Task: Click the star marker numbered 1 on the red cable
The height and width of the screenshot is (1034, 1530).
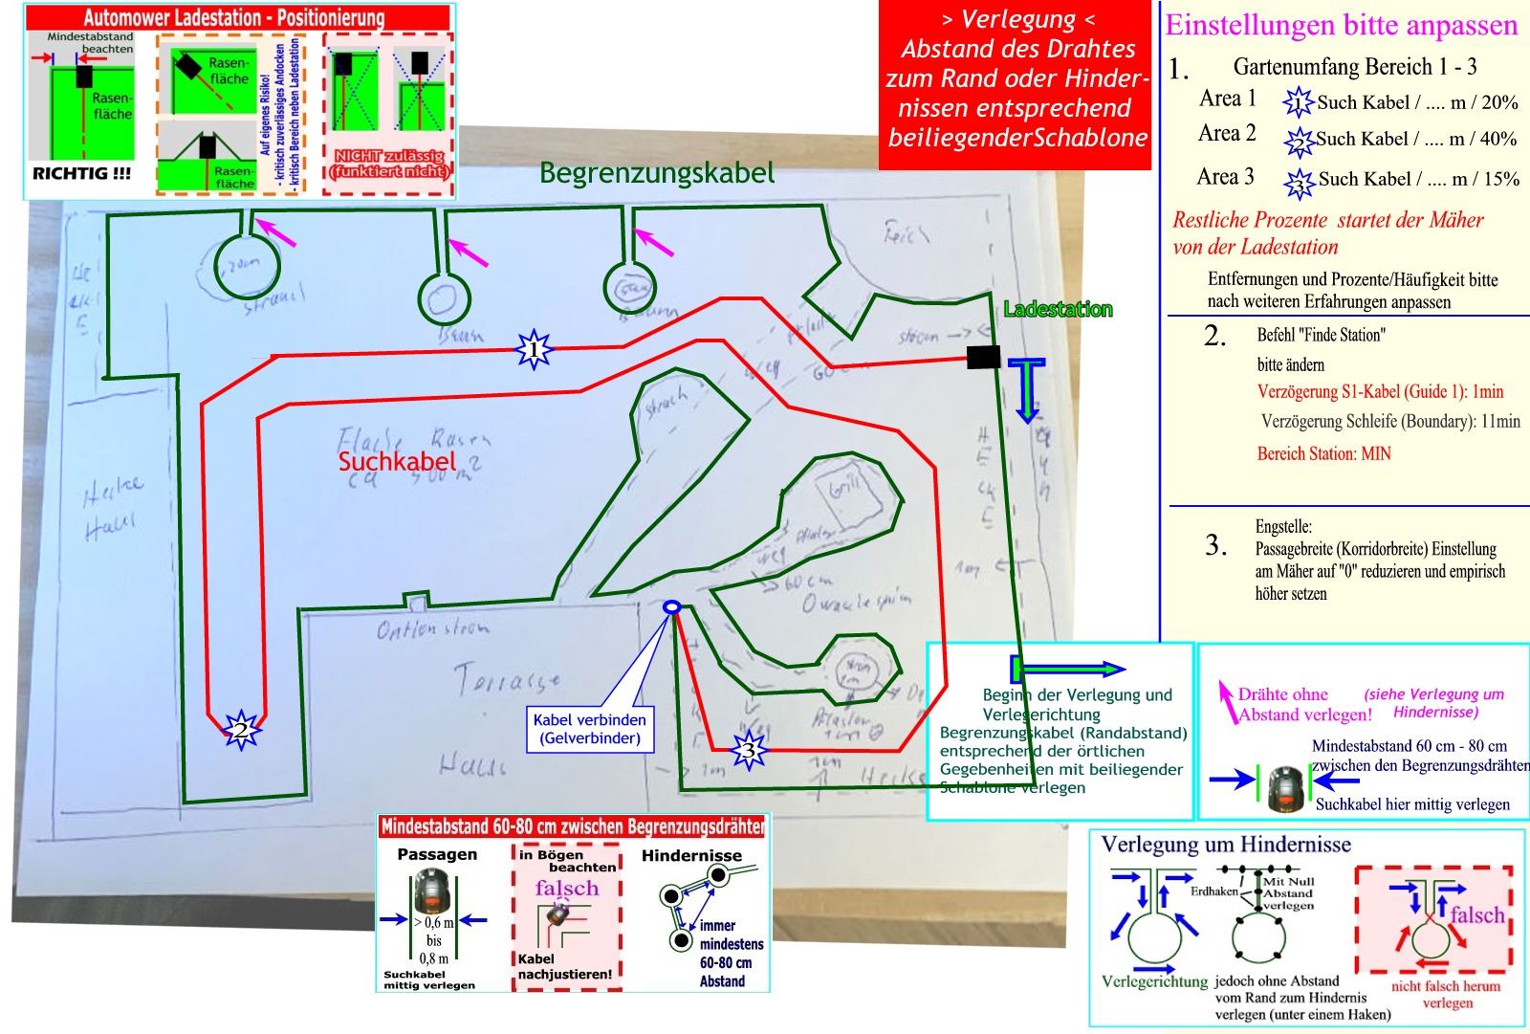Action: click(533, 350)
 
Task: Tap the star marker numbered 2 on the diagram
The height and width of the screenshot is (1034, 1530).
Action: click(241, 730)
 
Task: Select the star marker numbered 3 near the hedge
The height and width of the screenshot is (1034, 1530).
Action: click(749, 750)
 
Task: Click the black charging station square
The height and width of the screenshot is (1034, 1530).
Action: click(983, 357)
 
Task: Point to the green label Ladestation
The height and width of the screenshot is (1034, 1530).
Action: click(1058, 309)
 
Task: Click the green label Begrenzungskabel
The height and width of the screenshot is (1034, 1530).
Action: click(656, 173)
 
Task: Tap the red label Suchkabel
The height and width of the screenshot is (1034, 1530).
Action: click(397, 461)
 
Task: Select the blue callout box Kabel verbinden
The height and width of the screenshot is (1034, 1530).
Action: click(589, 729)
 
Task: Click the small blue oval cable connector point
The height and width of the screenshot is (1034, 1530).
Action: click(671, 606)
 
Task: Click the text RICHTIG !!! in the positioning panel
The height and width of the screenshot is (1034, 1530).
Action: click(82, 174)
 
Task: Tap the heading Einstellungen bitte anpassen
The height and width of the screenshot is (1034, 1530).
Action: click(1341, 25)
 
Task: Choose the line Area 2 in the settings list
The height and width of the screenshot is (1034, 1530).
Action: click(1227, 134)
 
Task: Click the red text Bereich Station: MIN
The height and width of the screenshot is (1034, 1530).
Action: click(1323, 453)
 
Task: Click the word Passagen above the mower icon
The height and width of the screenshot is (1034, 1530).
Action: click(437, 854)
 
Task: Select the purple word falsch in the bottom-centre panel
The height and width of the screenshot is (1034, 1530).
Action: click(566, 888)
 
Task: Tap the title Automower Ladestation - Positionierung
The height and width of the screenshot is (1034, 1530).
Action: click(233, 17)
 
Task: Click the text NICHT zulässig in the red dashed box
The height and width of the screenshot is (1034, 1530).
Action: click(388, 155)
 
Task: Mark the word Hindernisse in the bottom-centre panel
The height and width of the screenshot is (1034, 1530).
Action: click(691, 855)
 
